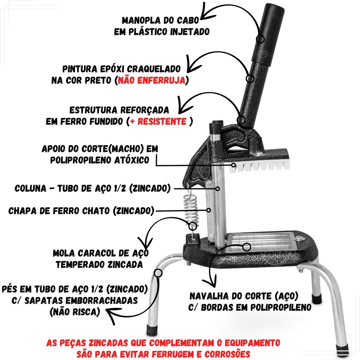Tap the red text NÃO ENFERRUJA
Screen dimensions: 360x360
coord(151,81)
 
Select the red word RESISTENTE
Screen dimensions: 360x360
coord(162,121)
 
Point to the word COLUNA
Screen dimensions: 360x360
coord(30,188)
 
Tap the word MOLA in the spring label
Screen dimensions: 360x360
coord(64,253)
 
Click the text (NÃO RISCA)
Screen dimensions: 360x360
coord(75,312)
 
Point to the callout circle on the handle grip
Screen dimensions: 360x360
coord(260,39)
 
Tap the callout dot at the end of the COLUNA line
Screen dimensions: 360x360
coord(218,189)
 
